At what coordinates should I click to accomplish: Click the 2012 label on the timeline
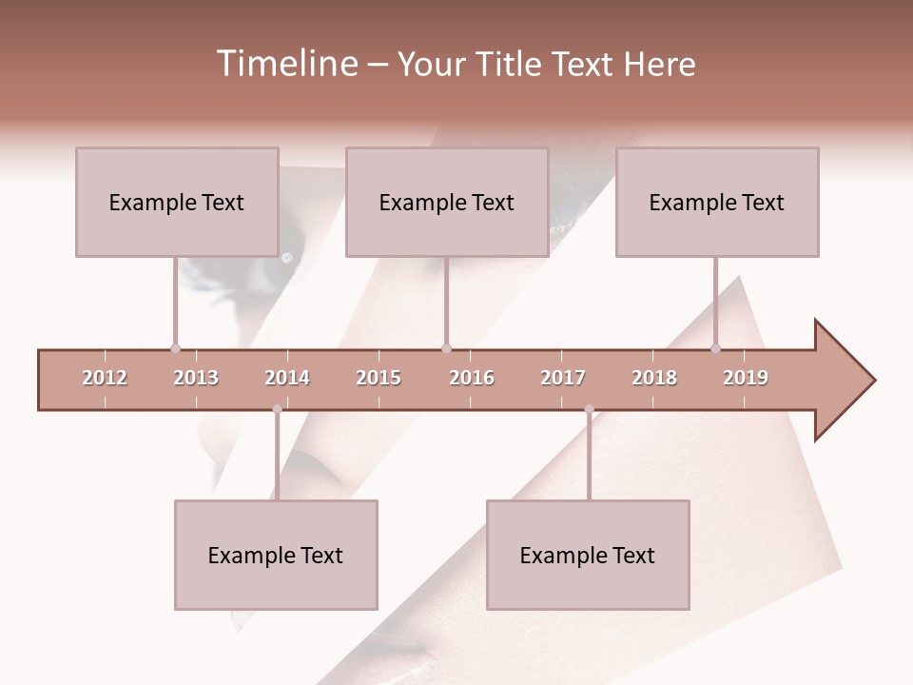click(x=105, y=378)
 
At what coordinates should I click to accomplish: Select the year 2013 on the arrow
click(x=196, y=378)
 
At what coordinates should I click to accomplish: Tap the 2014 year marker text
click(x=287, y=378)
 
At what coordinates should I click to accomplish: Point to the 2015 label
click(x=379, y=378)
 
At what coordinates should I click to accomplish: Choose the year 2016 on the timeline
click(x=472, y=378)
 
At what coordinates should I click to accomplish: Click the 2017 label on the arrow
click(x=563, y=378)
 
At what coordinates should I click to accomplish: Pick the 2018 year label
click(x=654, y=378)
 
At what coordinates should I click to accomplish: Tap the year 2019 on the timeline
click(x=746, y=378)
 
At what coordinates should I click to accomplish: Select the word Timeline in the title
click(x=285, y=64)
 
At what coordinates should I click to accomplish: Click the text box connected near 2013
click(x=177, y=202)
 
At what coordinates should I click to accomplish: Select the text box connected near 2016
click(x=447, y=202)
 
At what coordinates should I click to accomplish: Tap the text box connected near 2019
click(x=717, y=202)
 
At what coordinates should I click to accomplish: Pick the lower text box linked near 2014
click(x=276, y=555)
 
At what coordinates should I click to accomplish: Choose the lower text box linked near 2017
click(x=588, y=555)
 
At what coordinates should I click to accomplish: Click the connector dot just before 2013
click(x=175, y=348)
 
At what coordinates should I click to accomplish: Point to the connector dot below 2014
click(x=277, y=409)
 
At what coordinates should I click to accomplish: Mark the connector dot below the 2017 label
click(x=589, y=409)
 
